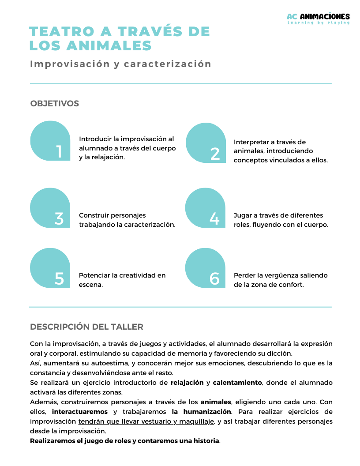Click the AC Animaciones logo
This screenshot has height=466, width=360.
pyautogui.click(x=318, y=18)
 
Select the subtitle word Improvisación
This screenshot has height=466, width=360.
pyautogui.click(x=70, y=64)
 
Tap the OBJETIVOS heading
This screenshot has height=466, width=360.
pyautogui.click(x=54, y=103)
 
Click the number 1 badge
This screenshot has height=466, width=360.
pyautogui.click(x=50, y=141)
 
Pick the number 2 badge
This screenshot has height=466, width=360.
pyautogui.click(x=206, y=143)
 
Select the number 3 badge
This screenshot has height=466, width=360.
pyautogui.click(x=50, y=208)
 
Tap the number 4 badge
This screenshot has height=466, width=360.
pyautogui.click(x=206, y=208)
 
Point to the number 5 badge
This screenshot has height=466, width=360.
pyautogui.click(x=50, y=268)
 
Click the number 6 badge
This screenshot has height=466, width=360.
pyautogui.click(x=206, y=268)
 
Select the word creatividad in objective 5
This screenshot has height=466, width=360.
pyautogui.click(x=130, y=275)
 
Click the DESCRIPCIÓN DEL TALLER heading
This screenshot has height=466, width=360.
pyautogui.click(x=86, y=327)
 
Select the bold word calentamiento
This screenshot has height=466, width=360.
pyautogui.click(x=237, y=383)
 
